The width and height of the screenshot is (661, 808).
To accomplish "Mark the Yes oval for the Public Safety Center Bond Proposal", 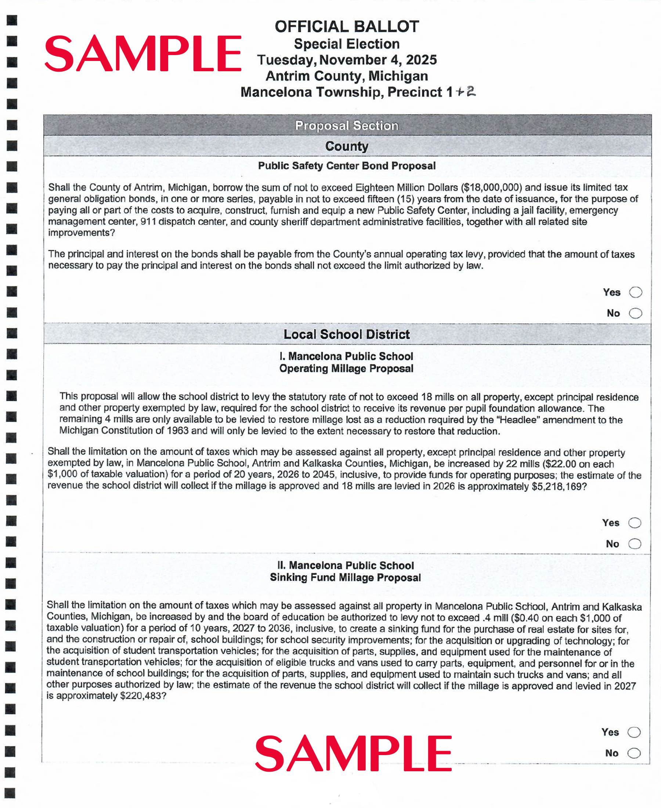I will coord(635,292).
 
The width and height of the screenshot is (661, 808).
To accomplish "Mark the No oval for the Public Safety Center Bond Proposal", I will coord(635,313).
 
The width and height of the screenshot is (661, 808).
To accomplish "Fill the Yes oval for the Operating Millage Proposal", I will coord(634,522).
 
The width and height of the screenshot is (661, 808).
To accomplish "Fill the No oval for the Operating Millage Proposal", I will coord(634,543).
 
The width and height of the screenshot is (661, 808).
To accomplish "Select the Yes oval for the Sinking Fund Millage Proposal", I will coord(633,732).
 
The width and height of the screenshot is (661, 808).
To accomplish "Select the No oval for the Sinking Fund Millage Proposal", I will coord(633,753).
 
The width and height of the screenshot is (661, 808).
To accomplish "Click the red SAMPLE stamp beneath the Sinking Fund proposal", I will coord(353,754).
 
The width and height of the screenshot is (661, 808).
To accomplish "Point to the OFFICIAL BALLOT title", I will coord(347,27).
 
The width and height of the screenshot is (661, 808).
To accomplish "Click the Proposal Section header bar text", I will coord(347,125).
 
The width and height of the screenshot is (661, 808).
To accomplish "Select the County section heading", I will coord(347,146).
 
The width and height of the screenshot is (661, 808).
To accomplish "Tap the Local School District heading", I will coord(347,334).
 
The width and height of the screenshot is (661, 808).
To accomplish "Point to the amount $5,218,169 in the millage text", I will coord(556,486).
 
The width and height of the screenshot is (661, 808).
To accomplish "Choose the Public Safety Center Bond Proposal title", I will coord(347,166).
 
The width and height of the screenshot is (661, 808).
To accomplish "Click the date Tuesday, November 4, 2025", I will coord(347,60).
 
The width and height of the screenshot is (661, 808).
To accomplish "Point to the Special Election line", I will coord(347,44).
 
